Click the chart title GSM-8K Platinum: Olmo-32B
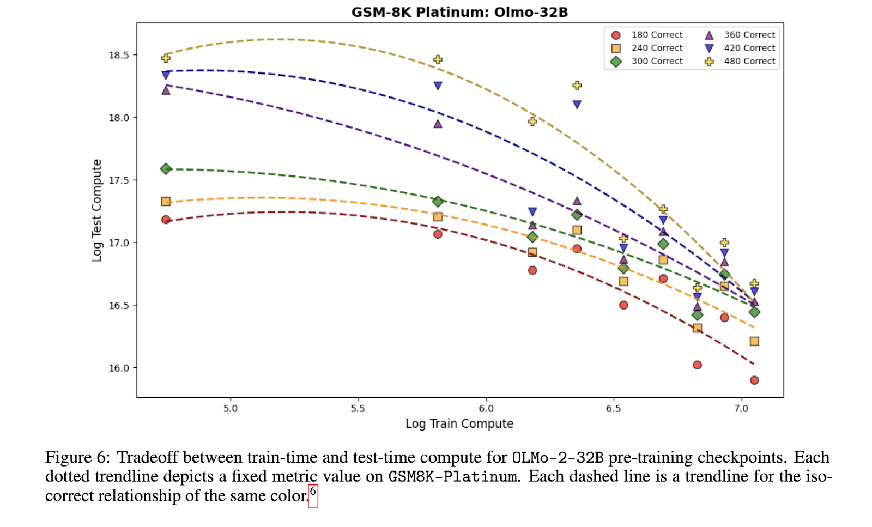point(459,12)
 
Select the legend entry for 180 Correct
point(649,35)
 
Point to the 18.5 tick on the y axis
point(119,55)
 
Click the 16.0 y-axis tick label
point(119,368)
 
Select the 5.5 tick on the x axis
point(358,408)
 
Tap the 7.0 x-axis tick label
point(741,408)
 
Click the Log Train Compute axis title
point(459,423)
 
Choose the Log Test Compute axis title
point(97,210)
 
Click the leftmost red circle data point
point(166,220)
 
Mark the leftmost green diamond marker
point(166,169)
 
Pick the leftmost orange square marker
point(166,202)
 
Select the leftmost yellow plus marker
point(166,58)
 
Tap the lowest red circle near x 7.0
point(754,380)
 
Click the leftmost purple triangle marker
point(166,90)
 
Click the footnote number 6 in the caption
point(313,492)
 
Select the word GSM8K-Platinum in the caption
point(452,477)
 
